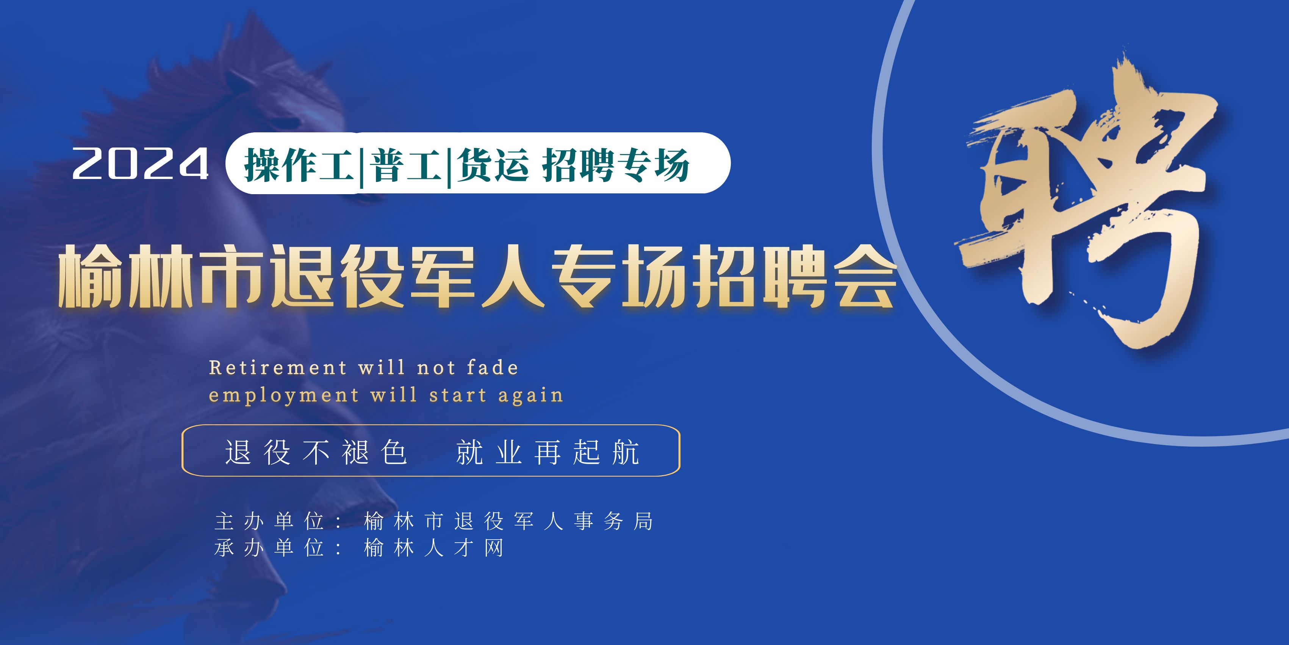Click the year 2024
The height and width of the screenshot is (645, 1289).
pyautogui.click(x=141, y=163)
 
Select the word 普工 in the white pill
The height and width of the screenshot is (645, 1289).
pyautogui.click(x=406, y=164)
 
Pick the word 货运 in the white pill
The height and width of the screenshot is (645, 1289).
pyautogui.click(x=493, y=164)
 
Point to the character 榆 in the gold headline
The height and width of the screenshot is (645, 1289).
pyautogui.click(x=90, y=276)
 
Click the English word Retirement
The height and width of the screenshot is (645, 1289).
pyautogui.click(x=278, y=368)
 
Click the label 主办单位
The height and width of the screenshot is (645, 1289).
pyautogui.click(x=269, y=521)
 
